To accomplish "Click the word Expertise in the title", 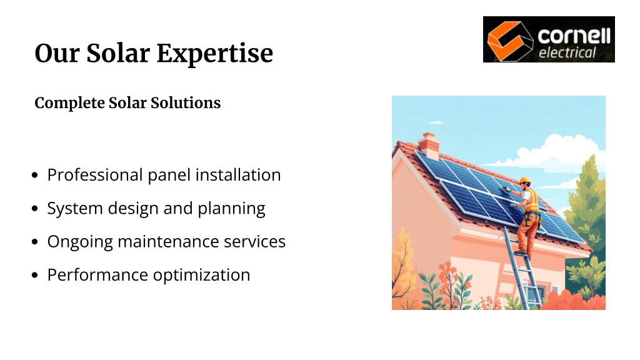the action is coord(215,54).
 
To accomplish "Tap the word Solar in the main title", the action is coord(118,53).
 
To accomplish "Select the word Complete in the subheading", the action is coord(69,103).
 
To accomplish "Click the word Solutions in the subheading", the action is coord(185,103).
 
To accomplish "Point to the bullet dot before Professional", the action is coord(35,175).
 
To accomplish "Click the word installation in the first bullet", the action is coord(238,175).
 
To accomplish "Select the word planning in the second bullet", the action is coord(231,209).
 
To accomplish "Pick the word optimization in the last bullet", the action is coord(202,276).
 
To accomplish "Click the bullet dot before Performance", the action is coord(35,275).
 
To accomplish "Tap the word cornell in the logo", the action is coord(574,36).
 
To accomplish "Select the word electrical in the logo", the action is coord(567,52).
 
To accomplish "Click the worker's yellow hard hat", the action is coord(524,181).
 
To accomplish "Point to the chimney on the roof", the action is coord(429,146).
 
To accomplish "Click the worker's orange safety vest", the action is coord(531,201).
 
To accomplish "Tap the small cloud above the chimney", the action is coord(436,122).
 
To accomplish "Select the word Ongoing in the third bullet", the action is coord(79,242).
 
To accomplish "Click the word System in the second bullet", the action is coord(75,209).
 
